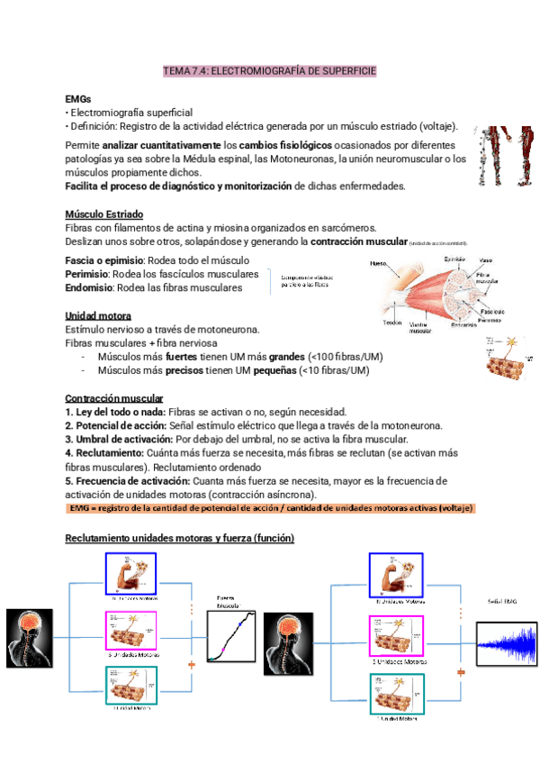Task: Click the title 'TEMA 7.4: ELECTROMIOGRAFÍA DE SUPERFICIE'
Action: pos(269,69)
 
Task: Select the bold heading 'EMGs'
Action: pos(78,98)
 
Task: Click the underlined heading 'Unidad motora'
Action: pos(98,316)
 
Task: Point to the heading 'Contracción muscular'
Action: pos(114,398)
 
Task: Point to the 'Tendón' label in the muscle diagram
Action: pos(391,323)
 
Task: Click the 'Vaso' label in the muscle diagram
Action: pos(485,259)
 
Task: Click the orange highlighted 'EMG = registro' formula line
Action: pos(271,509)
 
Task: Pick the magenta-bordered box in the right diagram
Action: pos(395,639)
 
